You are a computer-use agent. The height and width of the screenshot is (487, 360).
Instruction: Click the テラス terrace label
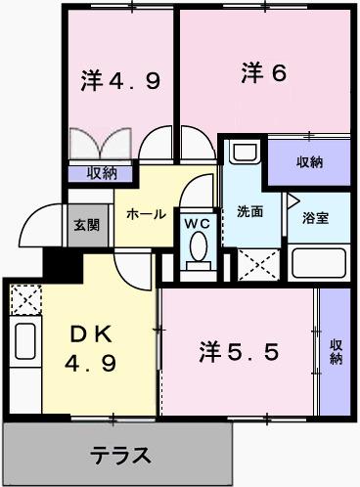(121, 455)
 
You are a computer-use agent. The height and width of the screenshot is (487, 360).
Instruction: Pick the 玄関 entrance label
(85, 224)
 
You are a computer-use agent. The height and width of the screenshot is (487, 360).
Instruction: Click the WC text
(198, 223)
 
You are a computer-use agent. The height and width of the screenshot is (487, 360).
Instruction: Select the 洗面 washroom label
(248, 211)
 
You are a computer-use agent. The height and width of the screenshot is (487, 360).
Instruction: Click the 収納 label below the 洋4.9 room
(101, 174)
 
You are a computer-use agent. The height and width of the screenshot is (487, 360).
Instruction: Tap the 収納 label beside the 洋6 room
(310, 161)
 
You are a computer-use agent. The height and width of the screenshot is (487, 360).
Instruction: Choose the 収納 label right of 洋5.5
(336, 351)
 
